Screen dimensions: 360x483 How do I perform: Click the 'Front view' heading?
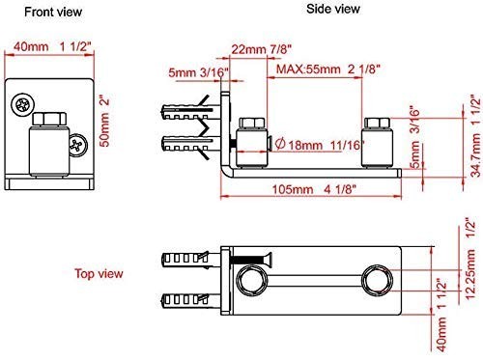[x=41, y=13]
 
